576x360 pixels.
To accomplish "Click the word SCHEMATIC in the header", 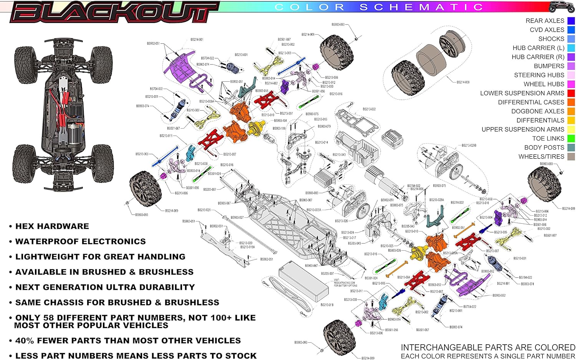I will point(421,7).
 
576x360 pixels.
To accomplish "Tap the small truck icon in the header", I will point(562,7).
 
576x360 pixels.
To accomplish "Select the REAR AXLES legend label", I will point(545,21).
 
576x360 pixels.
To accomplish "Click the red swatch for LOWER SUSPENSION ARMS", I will point(571,93).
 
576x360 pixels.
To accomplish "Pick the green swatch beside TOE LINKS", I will point(571,139).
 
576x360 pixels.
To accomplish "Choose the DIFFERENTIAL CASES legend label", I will point(531,102).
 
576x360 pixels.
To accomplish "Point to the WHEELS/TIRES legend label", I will point(541,157).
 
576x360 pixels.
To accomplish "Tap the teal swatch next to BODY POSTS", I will point(571,148).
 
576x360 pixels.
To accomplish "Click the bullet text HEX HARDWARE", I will point(52,226).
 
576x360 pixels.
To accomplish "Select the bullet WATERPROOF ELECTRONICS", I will point(80,242).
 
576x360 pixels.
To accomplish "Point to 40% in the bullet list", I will point(25,341).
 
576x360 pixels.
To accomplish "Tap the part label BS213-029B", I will point(469,145).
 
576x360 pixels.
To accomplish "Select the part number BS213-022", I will point(369,109).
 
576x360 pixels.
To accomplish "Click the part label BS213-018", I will point(327,305).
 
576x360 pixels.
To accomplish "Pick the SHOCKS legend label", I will point(551,39).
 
